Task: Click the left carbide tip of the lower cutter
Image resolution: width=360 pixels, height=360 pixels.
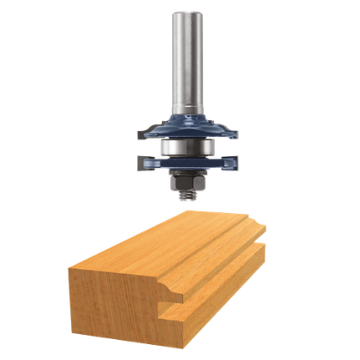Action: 137,163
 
